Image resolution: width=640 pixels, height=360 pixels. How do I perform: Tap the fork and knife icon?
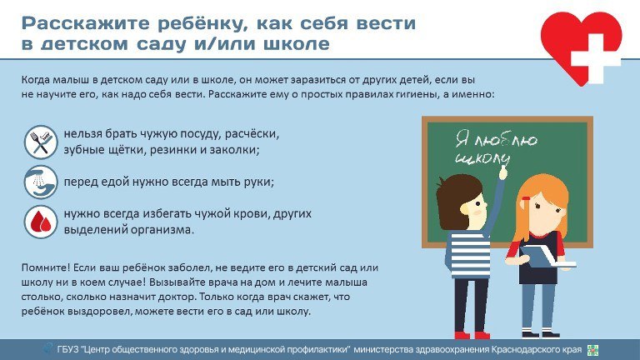point(41,142)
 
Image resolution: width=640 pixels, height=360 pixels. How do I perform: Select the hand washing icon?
point(41,182)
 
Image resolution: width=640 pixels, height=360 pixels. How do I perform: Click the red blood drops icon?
point(41,222)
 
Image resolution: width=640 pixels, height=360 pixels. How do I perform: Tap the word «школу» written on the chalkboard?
point(482,158)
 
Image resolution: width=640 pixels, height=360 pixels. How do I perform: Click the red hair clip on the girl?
point(526,198)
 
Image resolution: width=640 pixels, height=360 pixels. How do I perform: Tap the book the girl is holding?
point(547,257)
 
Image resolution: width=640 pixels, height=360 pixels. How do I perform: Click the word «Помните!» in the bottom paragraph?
point(46,267)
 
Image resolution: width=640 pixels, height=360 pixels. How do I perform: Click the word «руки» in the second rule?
point(259,182)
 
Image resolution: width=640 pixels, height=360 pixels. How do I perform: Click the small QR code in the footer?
point(592,350)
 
